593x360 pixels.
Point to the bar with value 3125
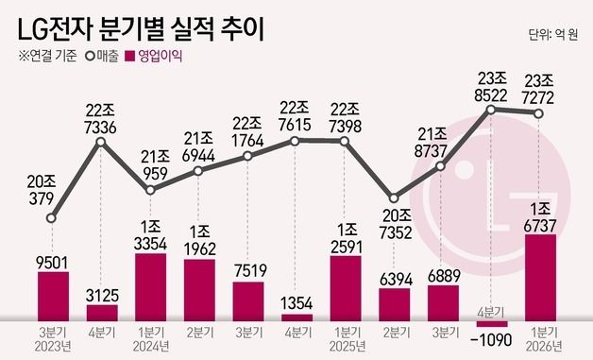click(x=102, y=313)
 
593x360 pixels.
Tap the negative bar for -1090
click(x=490, y=325)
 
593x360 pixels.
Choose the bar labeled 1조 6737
click(x=539, y=278)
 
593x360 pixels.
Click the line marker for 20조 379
click(x=52, y=218)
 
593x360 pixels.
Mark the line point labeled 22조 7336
click(x=101, y=142)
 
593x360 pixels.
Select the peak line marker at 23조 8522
click(x=491, y=110)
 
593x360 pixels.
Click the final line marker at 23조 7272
click(x=539, y=114)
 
